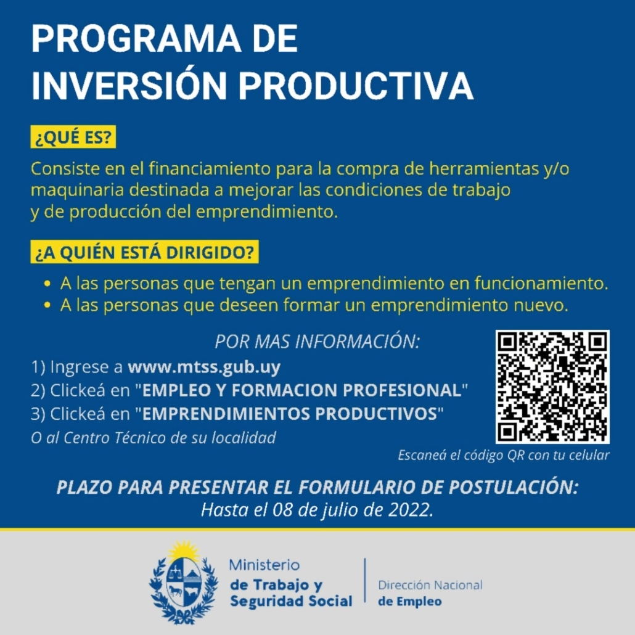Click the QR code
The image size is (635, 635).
tap(552, 387)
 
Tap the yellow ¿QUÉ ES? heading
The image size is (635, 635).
tap(73, 137)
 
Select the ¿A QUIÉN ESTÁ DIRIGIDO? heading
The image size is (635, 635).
tap(145, 252)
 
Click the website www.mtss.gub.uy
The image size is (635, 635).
tap(204, 367)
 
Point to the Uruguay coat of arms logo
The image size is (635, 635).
tap(184, 582)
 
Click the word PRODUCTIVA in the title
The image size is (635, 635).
tap(356, 86)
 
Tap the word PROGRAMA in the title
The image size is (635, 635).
tap(136, 38)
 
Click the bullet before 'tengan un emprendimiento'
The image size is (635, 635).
tap(47, 284)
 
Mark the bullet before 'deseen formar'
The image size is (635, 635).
tap(47, 305)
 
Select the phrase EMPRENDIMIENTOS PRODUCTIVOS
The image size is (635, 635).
tap(290, 414)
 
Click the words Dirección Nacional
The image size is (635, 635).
tap(430, 585)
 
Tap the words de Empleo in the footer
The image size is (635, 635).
tap(410, 601)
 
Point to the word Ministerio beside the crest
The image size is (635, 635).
tap(264, 565)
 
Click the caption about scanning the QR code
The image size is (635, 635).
tap(504, 455)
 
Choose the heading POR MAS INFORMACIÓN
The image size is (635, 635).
tap(317, 342)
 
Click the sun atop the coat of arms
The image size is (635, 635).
tap(184, 551)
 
